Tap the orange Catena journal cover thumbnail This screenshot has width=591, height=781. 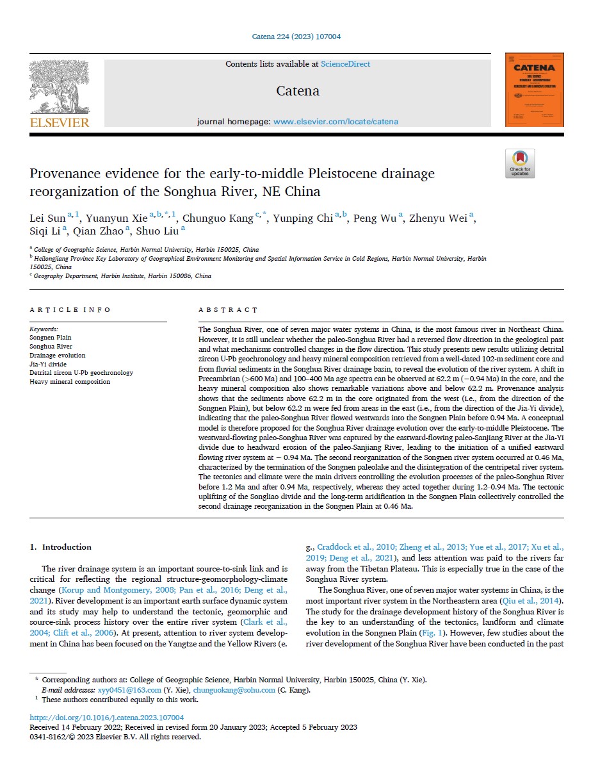coord(534,90)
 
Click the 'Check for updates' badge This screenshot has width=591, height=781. coord(520,163)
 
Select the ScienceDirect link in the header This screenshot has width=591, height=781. coord(345,64)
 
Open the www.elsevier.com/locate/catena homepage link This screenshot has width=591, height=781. coord(336,122)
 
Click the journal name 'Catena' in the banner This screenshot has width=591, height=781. coord(298,91)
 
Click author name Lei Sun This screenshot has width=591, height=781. coord(48,219)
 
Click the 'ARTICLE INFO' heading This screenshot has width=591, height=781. coord(70,310)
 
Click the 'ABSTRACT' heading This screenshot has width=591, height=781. coord(229,310)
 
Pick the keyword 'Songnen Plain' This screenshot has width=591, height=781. coord(51,337)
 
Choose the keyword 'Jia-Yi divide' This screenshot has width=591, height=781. coord(49,364)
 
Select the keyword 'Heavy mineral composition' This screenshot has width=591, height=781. coord(70,382)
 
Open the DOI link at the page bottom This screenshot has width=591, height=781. coord(107,718)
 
